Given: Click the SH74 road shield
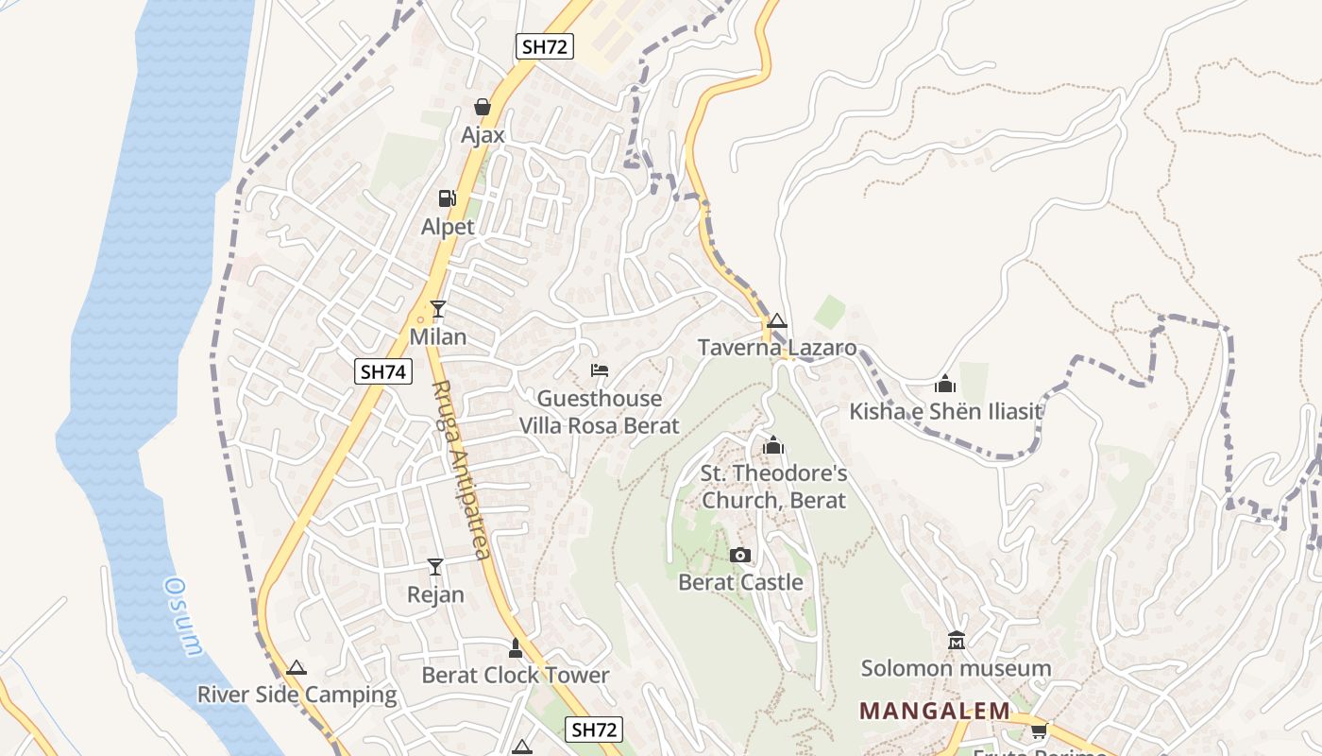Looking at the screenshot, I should coord(384,371).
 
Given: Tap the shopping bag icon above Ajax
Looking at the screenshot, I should coord(483,107).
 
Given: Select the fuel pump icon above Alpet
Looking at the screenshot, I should coord(447,198).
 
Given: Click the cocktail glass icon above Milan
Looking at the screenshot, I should coord(438,308).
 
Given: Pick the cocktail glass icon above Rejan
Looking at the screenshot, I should coord(435,566).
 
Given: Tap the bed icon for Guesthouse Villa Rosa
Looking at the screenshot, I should coord(599,369).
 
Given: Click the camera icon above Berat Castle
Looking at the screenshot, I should coord(740,555).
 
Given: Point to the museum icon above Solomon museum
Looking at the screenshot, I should coord(956,641).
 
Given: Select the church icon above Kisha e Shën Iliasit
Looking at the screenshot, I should coord(945,384).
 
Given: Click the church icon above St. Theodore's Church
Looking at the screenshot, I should coord(773,444).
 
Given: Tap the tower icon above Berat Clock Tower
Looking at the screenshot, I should coord(515,647).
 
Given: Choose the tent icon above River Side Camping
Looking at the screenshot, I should coord(297,667).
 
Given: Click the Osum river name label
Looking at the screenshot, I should coord(183,615).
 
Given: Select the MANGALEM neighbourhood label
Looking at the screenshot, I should coord(934,711).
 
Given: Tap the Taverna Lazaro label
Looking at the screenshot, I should coord(777,348).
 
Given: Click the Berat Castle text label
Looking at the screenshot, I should coord(741,582).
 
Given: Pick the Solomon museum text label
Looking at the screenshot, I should coord(956,668).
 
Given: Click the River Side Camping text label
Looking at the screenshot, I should coord(297,695).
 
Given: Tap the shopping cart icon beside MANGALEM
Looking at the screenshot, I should coord(1040,730).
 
